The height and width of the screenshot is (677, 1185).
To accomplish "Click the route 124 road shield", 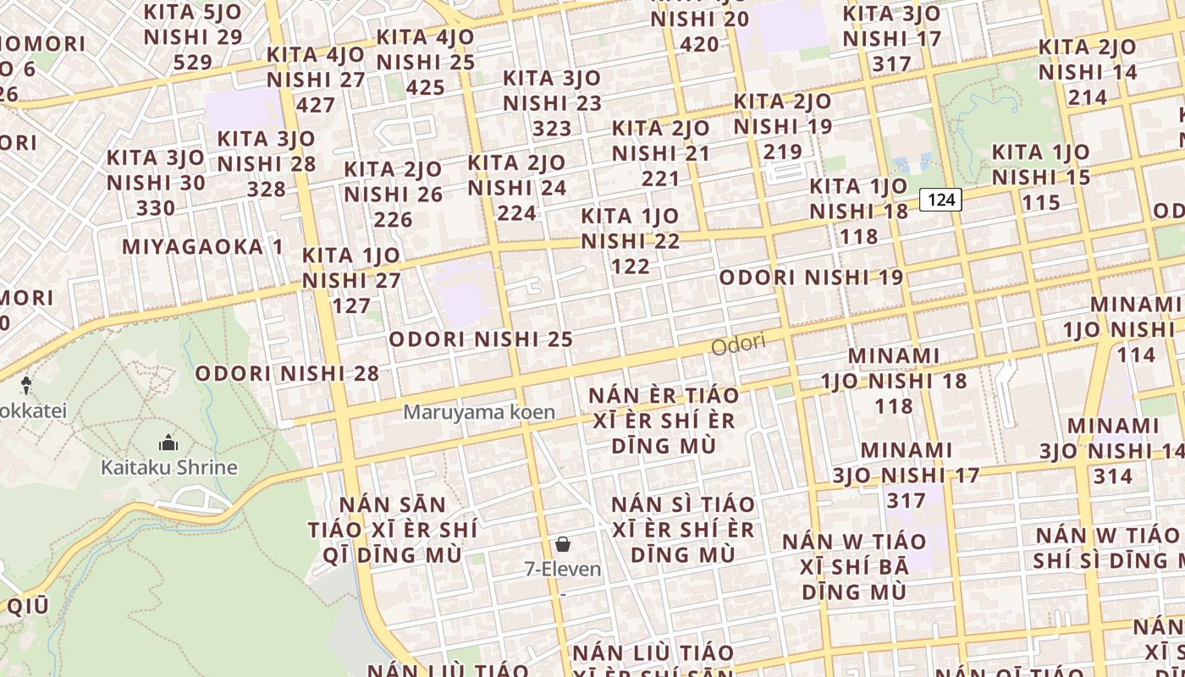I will click(940, 200).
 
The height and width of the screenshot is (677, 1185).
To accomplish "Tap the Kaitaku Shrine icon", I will click(168, 443).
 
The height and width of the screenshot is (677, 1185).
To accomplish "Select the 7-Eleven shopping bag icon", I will click(563, 544).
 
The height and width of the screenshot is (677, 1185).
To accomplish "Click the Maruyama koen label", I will click(479, 412).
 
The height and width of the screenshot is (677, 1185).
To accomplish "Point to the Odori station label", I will click(738, 344).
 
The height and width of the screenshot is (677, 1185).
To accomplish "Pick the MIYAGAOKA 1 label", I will click(203, 247).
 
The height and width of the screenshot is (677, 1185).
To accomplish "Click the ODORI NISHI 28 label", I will click(287, 373).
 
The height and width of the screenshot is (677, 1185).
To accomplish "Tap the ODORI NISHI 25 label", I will click(481, 339).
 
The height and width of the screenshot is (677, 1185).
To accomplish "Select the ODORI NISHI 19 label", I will click(811, 278).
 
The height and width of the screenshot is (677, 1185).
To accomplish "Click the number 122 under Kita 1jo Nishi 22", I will click(631, 267).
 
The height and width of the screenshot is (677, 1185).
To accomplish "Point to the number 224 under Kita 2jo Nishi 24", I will click(516, 213).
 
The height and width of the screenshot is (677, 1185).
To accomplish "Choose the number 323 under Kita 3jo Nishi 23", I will click(552, 129).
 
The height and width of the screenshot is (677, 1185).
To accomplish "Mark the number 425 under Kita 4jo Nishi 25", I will click(425, 87).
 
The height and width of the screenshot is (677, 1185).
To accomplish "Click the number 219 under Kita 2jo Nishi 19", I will click(782, 152).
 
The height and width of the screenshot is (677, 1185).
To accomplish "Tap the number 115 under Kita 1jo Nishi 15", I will click(1040, 203).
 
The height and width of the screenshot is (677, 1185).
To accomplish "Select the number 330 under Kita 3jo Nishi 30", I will click(156, 208).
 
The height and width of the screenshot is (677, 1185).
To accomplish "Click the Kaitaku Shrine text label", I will click(169, 467).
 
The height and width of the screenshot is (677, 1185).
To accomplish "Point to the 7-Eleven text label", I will click(563, 570).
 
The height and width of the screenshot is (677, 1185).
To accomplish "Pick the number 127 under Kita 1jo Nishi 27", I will click(351, 305).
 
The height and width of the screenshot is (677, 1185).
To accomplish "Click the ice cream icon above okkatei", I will click(26, 386).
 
